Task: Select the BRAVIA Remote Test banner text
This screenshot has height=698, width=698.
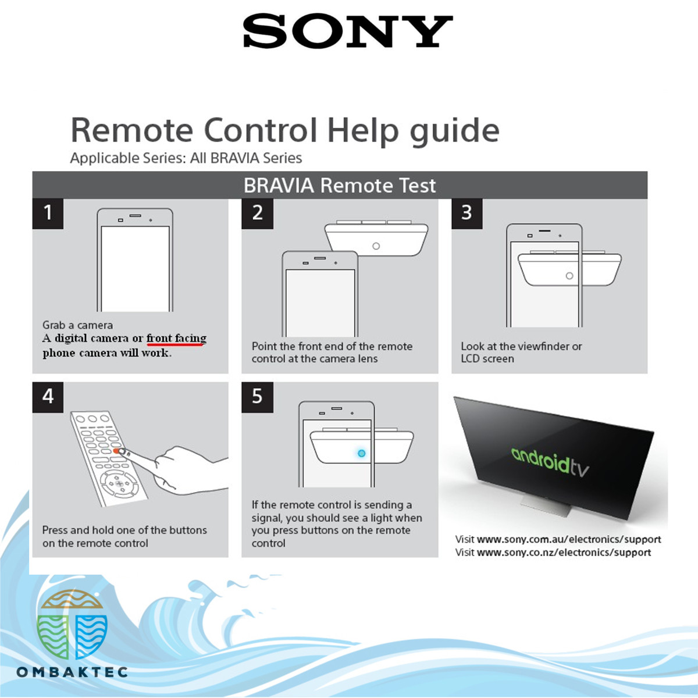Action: pos(339,186)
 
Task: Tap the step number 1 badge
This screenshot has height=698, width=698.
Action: pos(48,213)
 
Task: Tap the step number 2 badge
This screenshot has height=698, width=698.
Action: pos(257,213)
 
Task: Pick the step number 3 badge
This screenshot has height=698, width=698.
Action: pos(466,213)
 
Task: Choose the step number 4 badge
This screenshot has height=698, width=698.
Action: pos(48,397)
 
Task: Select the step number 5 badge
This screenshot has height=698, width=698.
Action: pos(257,397)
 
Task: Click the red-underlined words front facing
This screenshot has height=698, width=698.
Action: pos(176,338)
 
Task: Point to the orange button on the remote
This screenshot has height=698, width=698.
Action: pos(117,451)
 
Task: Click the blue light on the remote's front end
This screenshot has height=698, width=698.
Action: pos(361,453)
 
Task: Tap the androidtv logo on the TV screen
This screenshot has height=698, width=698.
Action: pos(550,462)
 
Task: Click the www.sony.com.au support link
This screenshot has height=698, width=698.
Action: pos(568,539)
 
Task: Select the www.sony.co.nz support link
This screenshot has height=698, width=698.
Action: pos(564,553)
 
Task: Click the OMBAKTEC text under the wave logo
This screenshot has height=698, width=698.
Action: pos(72,672)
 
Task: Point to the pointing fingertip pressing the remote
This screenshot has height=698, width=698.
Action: pos(129,454)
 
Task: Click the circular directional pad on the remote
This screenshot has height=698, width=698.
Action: pos(119,483)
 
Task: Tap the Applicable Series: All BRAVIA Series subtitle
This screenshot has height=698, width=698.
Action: pos(186,158)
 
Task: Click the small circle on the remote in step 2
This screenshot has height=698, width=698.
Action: pos(376,246)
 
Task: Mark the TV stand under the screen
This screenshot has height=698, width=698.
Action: pos(544,504)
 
